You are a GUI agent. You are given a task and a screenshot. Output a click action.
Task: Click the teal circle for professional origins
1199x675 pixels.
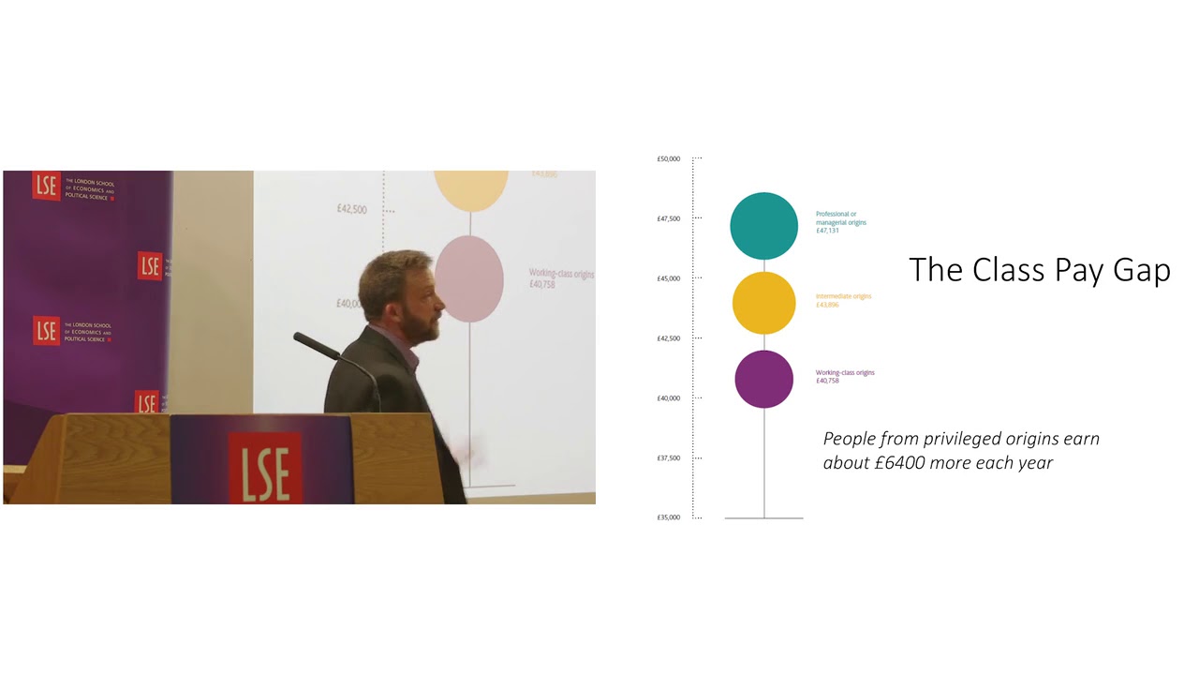pos(764,226)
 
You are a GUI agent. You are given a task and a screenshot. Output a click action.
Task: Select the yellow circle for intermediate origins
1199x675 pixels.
pos(764,303)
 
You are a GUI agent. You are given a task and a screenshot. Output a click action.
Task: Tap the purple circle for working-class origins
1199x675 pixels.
pos(764,379)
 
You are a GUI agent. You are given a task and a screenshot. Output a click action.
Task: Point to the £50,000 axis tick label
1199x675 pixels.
pos(668,159)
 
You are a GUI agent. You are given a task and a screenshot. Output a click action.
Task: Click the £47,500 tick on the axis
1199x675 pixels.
pos(668,218)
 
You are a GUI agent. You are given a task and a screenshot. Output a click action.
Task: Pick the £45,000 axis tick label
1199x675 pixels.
pos(668,278)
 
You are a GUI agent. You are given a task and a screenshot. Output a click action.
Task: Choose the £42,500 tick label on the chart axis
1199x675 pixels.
pos(668,338)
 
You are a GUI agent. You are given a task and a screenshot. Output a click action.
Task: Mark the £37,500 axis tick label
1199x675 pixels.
pos(668,458)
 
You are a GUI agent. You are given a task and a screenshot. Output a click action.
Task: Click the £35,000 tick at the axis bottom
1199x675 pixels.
pos(668,517)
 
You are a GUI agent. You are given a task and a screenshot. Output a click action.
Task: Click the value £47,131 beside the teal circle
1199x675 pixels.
pos(827,231)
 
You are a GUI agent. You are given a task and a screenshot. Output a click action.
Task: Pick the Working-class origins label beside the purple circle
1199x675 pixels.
pos(845,372)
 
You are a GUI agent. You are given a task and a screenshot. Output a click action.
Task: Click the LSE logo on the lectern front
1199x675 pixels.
pos(264,467)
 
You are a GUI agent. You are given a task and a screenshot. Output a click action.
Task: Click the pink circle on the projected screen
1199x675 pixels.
pos(469,278)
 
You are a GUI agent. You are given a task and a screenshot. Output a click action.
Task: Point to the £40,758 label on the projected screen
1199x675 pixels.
pos(542,284)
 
